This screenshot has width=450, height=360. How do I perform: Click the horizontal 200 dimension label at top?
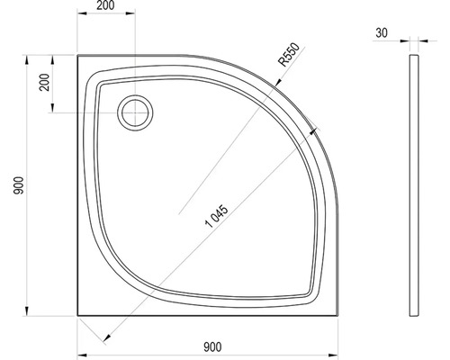pyautogui.click(x=105, y=5)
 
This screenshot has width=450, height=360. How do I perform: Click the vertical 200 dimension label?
pyautogui.click(x=45, y=82)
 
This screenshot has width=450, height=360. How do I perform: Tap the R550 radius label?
pyautogui.click(x=289, y=54)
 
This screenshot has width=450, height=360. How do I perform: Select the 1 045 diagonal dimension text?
pyautogui.click(x=217, y=216)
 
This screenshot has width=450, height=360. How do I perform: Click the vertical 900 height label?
pyautogui.click(x=19, y=185)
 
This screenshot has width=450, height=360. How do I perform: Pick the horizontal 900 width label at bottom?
pyautogui.click(x=212, y=347)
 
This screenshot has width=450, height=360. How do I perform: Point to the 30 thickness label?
pyautogui.click(x=382, y=32)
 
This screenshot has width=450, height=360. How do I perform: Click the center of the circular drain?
pyautogui.click(x=135, y=112)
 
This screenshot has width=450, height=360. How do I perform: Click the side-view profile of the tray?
pyautogui.click(x=414, y=185)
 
